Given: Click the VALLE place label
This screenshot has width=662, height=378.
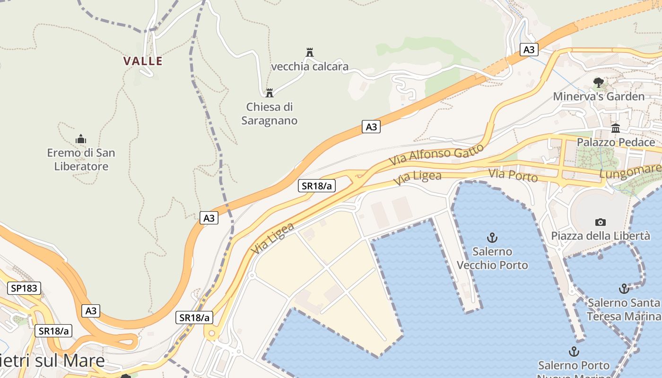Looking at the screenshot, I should coord(143,61).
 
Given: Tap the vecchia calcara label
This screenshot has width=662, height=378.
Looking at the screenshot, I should coord(310,67).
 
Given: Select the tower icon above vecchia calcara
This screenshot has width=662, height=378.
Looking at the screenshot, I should coord(310,52).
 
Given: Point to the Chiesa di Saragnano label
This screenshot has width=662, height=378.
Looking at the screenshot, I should coord(270,114).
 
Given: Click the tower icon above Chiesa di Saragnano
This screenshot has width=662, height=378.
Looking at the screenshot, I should coord(270,93).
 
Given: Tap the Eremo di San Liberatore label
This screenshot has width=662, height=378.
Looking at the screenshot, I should coord(81,160).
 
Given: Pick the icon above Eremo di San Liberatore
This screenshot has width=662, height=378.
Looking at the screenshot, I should coord(81,139).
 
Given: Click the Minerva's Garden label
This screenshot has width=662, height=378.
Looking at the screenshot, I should coord(599,96).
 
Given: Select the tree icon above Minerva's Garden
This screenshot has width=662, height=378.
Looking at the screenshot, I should coord(599,83).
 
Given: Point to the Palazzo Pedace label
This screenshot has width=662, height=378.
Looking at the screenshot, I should coord(616,142).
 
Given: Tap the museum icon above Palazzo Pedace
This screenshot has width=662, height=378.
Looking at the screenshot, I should coord(616,128).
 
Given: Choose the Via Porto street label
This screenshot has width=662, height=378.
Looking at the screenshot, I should coord(513,175).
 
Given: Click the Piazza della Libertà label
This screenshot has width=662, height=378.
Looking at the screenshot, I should coord(601,236).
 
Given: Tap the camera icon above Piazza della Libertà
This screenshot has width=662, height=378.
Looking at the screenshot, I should coord(601,222).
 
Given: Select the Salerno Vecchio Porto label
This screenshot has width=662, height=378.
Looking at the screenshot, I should coord(492,258).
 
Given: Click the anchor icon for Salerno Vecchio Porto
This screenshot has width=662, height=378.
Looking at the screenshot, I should coord(492,237).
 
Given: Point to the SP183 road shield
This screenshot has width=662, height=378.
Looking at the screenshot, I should coord(24,288).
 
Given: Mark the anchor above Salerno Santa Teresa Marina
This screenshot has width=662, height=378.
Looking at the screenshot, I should coord(624,288).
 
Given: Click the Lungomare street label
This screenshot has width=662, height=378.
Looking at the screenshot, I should coord(630,172).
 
